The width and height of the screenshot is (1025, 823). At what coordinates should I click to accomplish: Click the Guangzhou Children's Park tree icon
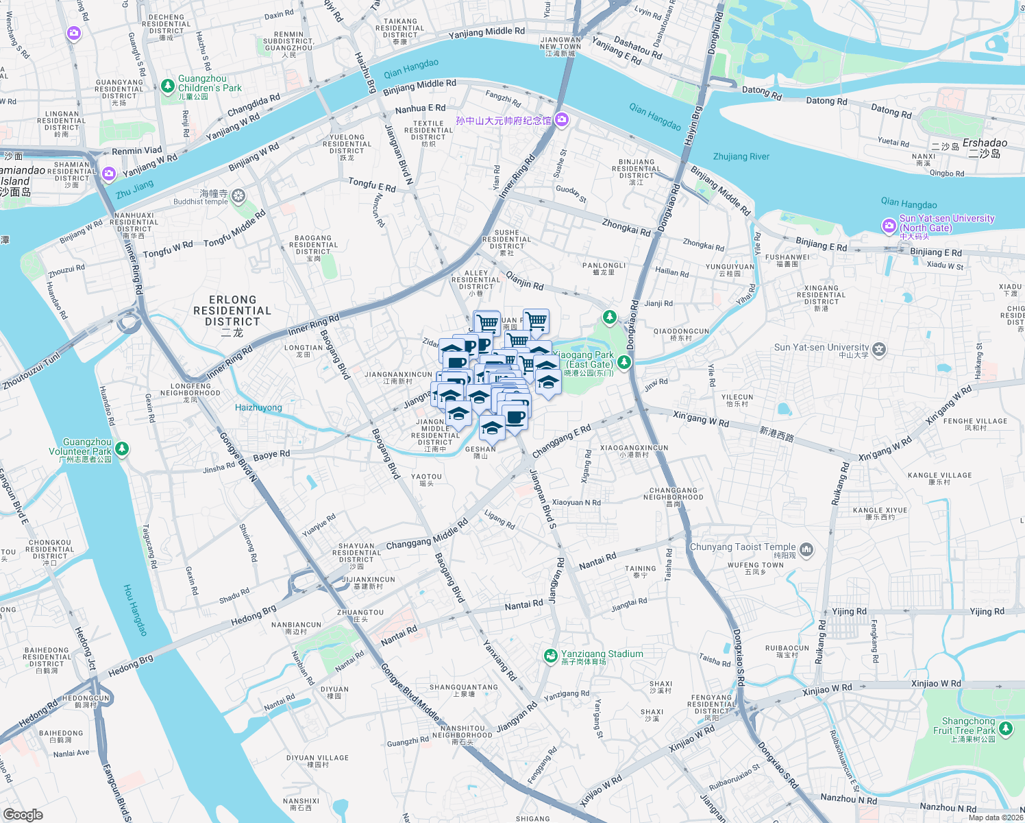point(168,86)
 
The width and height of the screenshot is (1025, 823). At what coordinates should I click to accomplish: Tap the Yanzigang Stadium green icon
point(550,656)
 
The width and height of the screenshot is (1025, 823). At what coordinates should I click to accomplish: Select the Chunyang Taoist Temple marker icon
point(806,549)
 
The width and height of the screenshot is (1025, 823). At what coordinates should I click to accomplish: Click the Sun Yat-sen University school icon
point(879,350)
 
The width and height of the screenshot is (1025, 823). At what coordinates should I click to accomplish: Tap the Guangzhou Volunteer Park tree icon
point(122,449)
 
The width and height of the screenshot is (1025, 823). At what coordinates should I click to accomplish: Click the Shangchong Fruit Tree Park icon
point(1006,728)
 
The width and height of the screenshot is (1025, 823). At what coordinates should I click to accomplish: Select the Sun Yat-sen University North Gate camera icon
point(889,225)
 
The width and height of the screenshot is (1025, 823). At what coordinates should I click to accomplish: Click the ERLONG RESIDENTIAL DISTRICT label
point(232,311)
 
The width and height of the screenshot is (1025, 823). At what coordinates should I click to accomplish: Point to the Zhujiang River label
point(741,156)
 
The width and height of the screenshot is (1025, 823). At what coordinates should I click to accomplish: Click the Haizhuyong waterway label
point(258,407)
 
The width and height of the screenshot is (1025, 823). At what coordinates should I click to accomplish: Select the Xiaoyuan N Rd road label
point(576,503)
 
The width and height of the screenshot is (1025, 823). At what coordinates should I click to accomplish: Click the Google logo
point(23,814)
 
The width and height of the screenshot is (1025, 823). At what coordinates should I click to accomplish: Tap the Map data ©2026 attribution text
point(995,818)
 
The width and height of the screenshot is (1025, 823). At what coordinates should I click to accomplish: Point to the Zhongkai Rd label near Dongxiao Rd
point(626,227)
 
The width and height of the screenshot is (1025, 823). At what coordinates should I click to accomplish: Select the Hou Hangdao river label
point(135,610)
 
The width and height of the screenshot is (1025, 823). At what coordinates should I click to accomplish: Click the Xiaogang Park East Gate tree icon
point(623,361)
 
